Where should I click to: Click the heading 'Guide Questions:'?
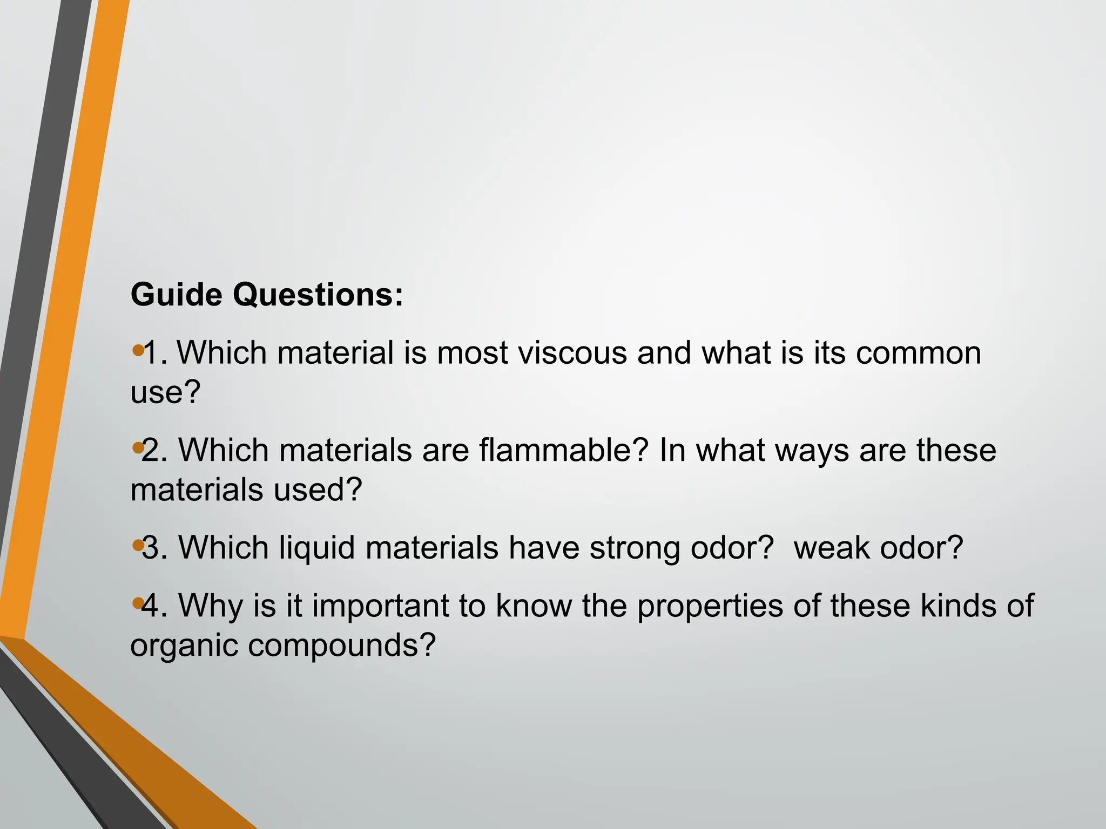click(x=267, y=295)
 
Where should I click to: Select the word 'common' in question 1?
click(x=918, y=353)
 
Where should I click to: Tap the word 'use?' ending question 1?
click(x=165, y=392)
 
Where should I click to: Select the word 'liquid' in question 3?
click(x=318, y=548)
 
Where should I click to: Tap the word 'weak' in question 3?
click(x=831, y=548)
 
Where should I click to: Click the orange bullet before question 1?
click(x=137, y=351)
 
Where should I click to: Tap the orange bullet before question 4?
click(x=137, y=602)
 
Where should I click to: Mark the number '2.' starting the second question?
click(x=154, y=451)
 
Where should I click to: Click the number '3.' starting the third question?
click(x=155, y=548)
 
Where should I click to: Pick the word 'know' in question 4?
click(x=534, y=606)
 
